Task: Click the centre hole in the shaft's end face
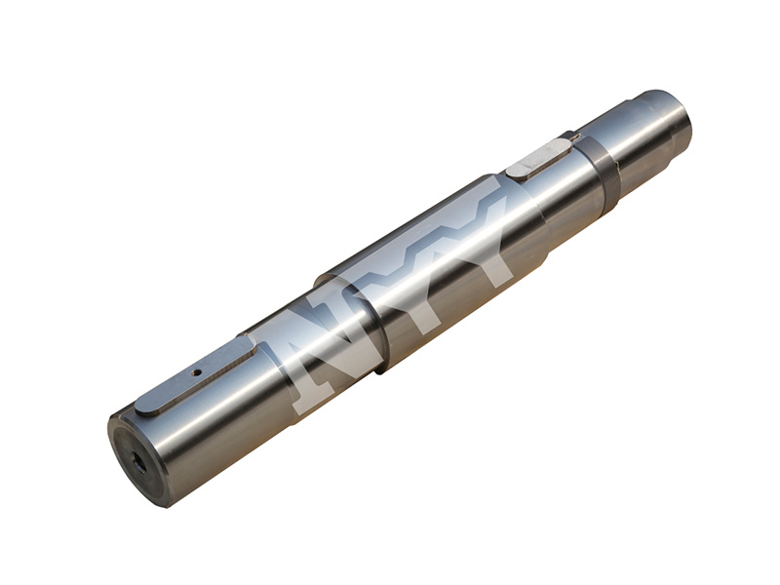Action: click(137, 465)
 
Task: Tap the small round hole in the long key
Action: click(198, 371)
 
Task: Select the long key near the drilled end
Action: click(196, 375)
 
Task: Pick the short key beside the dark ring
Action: click(542, 158)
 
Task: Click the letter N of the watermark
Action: click(324, 356)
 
